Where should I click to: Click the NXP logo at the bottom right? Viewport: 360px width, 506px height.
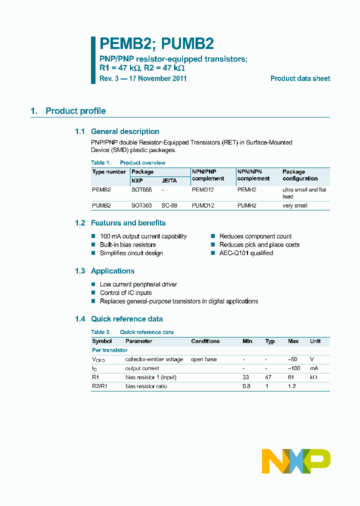click(x=296, y=461)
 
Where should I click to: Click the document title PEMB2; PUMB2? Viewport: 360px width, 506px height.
click(x=157, y=44)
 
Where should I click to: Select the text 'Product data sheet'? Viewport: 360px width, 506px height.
click(x=300, y=78)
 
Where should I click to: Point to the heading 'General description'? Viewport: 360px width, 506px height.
click(x=125, y=131)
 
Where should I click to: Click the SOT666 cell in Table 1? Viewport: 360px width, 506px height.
click(x=141, y=190)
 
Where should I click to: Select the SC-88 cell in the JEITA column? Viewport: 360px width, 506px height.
click(x=168, y=205)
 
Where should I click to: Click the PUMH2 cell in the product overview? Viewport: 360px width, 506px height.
click(x=246, y=205)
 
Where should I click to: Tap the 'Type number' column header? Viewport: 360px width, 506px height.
click(x=109, y=171)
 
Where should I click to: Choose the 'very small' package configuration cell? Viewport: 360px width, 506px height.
click(x=295, y=205)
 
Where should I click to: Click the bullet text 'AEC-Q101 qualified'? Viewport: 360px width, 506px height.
click(x=246, y=253)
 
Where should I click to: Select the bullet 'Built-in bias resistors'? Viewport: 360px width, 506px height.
click(x=127, y=244)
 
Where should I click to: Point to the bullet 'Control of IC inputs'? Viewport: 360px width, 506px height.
click(x=125, y=292)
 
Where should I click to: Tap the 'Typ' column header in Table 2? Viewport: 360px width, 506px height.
click(x=270, y=341)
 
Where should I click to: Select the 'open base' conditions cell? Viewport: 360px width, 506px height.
click(x=203, y=359)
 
